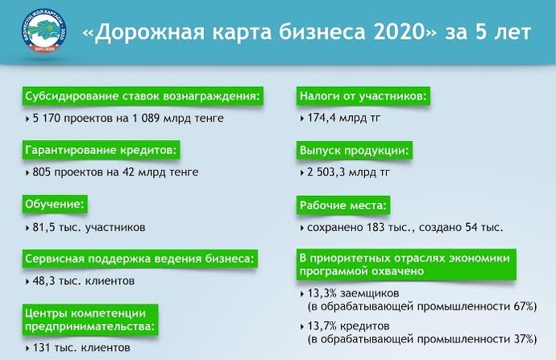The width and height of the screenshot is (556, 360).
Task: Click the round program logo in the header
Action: (44, 32)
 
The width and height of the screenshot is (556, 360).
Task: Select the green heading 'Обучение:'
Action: (55, 205)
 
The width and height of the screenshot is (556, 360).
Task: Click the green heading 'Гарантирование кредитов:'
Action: (101, 151)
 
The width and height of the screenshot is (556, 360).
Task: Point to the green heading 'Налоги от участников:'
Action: (363, 96)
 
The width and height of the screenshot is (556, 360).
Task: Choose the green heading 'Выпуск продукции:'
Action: (355, 151)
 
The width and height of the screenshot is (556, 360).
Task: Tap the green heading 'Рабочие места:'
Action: (343, 205)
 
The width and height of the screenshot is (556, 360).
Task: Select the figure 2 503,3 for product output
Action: (326, 172)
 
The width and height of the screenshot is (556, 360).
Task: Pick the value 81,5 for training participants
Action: (44, 227)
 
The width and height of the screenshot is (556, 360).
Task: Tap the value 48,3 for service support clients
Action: (44, 281)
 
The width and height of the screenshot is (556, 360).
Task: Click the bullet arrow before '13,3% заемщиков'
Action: (301, 294)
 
